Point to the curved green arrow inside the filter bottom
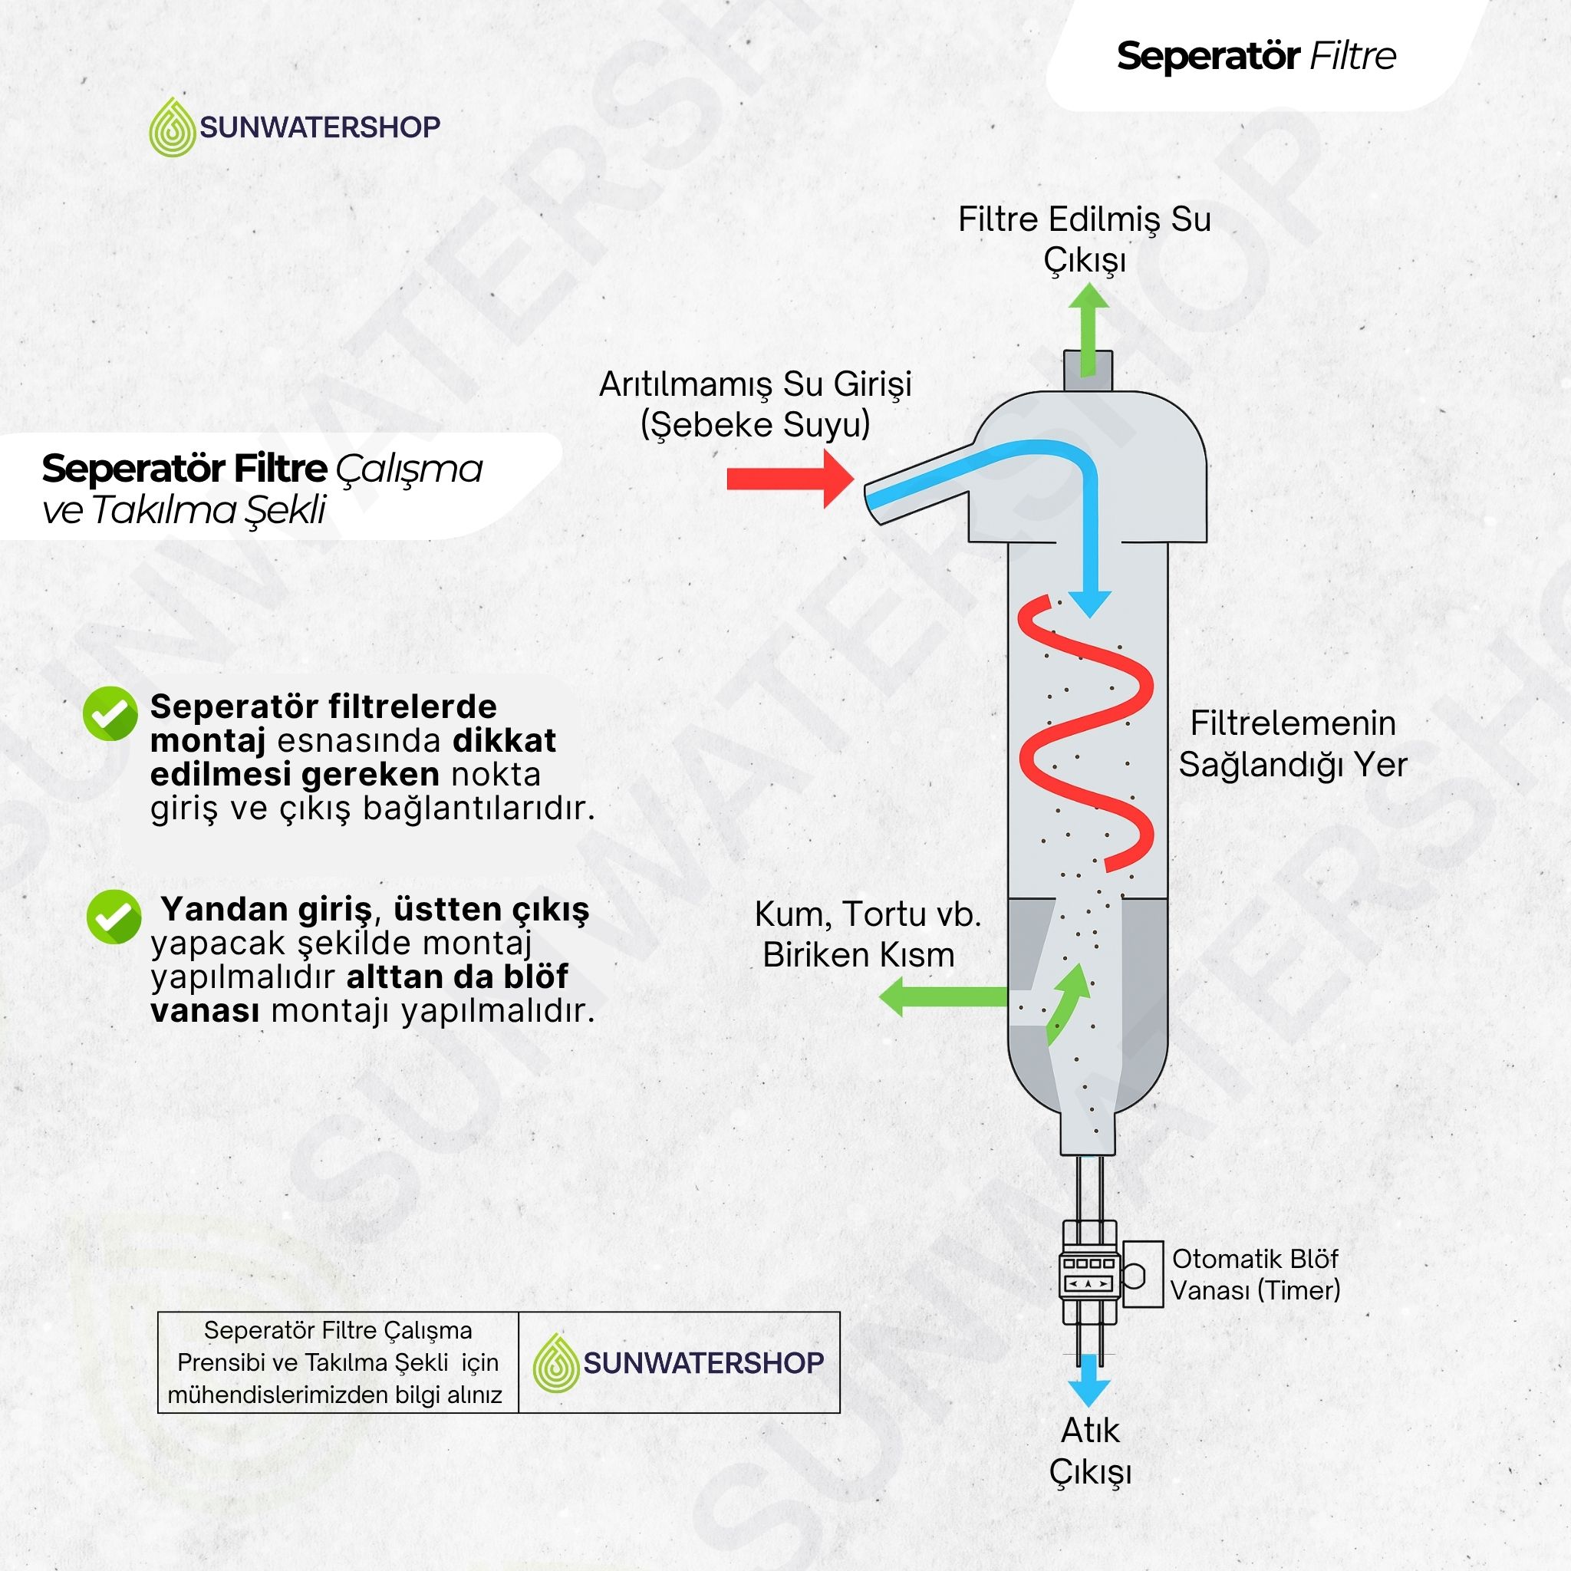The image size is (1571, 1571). click(1068, 1005)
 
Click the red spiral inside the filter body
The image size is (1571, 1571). click(1086, 736)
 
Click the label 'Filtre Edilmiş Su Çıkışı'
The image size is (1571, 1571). click(1085, 240)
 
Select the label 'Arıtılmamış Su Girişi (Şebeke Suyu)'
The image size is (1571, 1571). click(756, 405)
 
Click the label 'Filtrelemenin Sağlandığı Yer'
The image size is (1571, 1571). click(1293, 744)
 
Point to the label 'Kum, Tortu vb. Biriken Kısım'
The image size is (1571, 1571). click(867, 934)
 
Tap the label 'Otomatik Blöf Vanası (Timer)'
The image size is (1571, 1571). click(1255, 1275)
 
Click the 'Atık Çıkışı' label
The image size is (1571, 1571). click(1089, 1452)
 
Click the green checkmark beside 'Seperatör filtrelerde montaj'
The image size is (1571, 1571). click(110, 713)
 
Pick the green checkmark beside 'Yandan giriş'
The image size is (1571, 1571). click(114, 916)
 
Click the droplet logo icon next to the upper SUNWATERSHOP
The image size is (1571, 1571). click(173, 127)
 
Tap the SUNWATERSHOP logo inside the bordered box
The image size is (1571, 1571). click(679, 1363)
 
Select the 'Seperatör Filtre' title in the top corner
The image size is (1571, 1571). click(1256, 56)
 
